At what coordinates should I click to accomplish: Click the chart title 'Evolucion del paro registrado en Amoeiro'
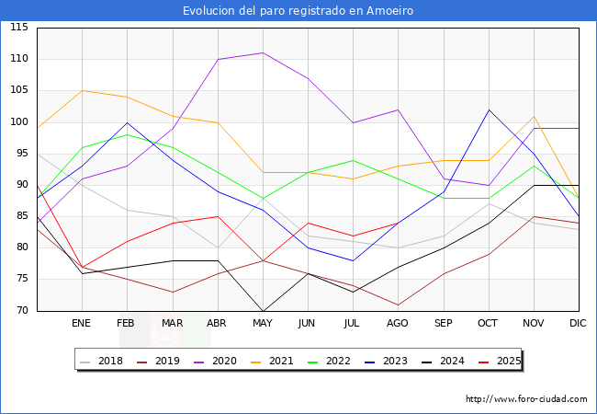[x=298, y=11]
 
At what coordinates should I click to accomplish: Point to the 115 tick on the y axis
[x=18, y=28]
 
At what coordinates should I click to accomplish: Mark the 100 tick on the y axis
[x=18, y=122]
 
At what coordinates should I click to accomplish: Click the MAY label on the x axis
[x=263, y=324]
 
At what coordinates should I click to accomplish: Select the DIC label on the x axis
[x=578, y=324]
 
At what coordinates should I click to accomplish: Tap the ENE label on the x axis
[x=82, y=324]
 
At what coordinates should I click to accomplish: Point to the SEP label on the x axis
[x=443, y=324]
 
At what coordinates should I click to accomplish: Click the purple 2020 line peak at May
[x=263, y=52]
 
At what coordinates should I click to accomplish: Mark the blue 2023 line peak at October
[x=489, y=109]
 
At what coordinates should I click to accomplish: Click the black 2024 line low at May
[x=263, y=311]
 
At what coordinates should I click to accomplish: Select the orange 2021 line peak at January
[x=82, y=90]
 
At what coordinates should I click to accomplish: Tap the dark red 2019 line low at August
[x=398, y=305]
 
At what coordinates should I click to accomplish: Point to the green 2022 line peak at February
[x=127, y=134]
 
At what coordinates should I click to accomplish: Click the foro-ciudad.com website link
[x=526, y=399]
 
